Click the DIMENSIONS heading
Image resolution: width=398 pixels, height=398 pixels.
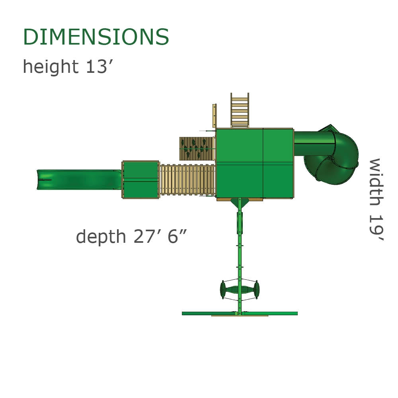(x=96, y=37)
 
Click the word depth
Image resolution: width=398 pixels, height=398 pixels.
(x=101, y=236)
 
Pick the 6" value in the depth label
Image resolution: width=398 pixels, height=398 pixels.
(x=177, y=236)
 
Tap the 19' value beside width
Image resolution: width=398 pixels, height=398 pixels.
(x=376, y=228)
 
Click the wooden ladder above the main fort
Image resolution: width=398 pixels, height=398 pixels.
(x=240, y=110)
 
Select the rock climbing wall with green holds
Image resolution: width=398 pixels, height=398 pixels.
(x=197, y=149)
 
